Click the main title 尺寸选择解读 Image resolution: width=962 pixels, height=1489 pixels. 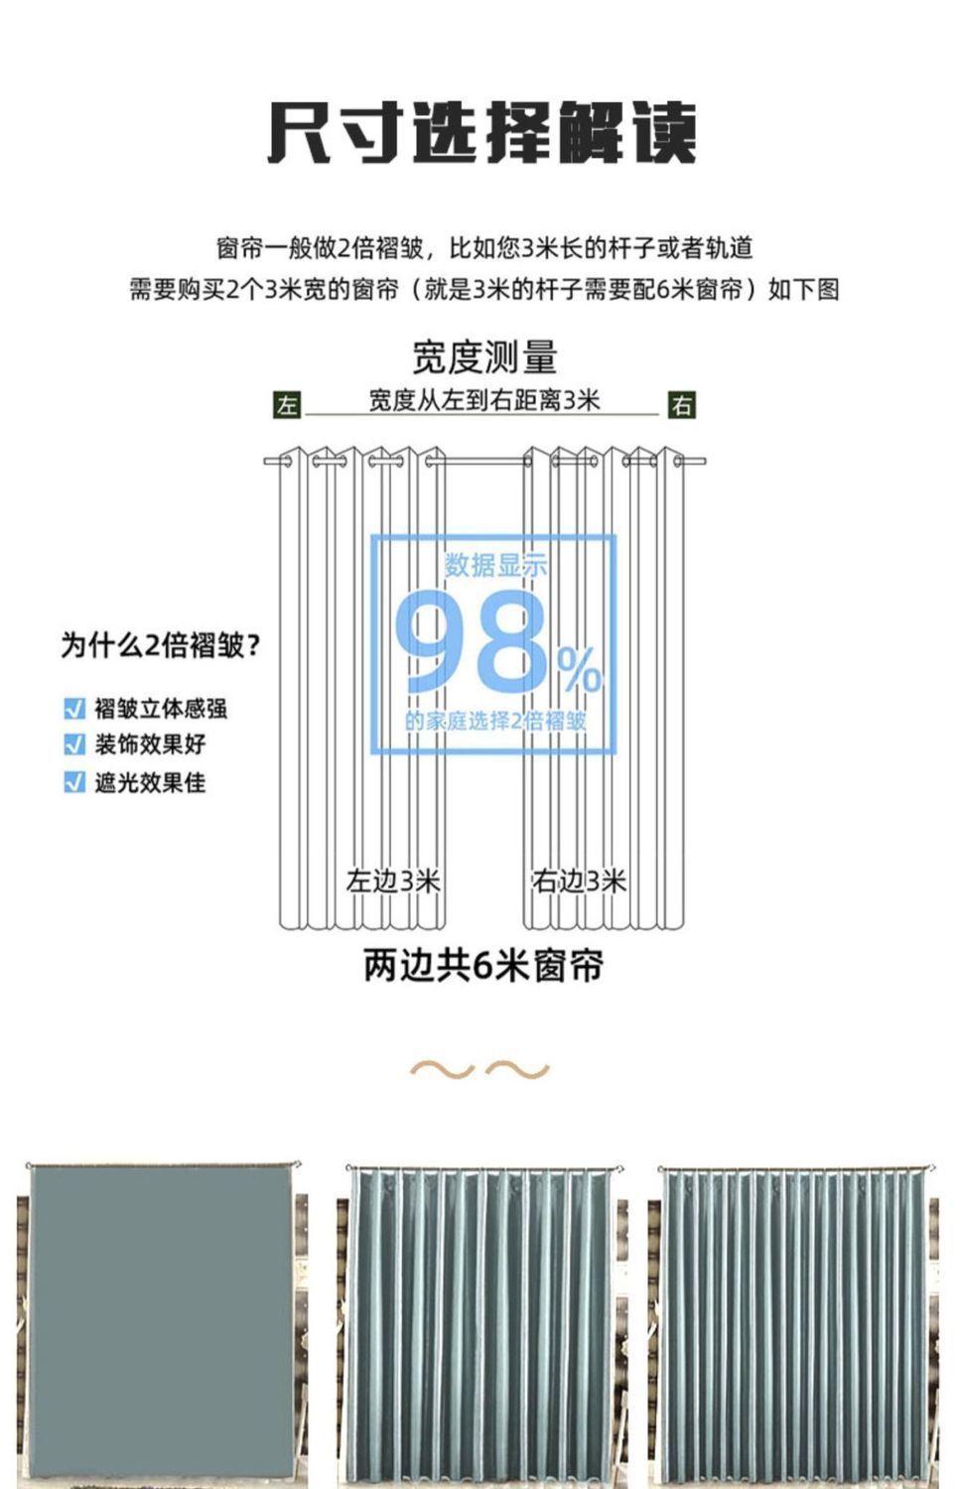click(482, 133)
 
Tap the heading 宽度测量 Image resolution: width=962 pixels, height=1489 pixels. click(484, 357)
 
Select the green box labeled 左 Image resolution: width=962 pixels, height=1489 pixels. click(287, 405)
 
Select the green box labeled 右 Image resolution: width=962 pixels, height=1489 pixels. click(681, 405)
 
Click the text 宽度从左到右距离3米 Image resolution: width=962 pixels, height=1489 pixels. click(484, 400)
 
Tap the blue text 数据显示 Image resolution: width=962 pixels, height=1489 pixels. click(495, 566)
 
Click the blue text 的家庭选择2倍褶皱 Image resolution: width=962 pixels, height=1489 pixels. click(495, 721)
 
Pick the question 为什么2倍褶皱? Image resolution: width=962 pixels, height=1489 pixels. click(161, 646)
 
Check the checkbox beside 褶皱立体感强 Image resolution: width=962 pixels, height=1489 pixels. click(73, 708)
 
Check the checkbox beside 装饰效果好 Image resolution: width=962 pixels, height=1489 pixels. click(73, 744)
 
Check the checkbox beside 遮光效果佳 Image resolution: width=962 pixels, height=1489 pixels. click(73, 782)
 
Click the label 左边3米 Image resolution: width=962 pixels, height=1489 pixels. click(393, 880)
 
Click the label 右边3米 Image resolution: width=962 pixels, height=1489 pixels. click(580, 880)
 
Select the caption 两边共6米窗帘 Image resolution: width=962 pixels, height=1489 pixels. click(483, 965)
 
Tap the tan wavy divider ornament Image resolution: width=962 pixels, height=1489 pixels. click(481, 1069)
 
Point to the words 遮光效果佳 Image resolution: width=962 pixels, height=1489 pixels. click(150, 782)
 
